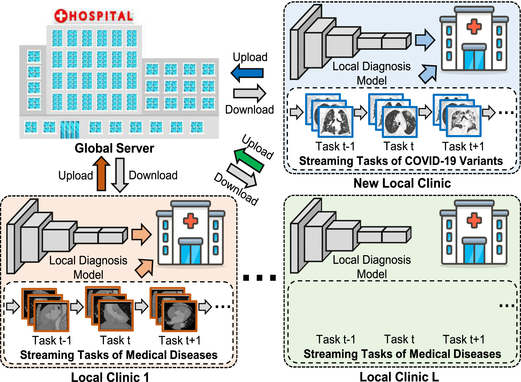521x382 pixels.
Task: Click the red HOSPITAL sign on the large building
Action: pyautogui.click(x=94, y=16)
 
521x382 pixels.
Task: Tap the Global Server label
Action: pyautogui.click(x=114, y=148)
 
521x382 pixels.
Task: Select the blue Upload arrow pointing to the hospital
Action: pyautogui.click(x=247, y=73)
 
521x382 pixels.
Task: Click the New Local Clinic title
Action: pyautogui.click(x=402, y=183)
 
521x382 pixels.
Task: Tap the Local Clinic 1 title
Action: pyautogui.click(x=110, y=377)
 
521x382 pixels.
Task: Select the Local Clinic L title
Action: pyautogui.click(x=399, y=377)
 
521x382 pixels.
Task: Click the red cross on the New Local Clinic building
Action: pyautogui.click(x=474, y=26)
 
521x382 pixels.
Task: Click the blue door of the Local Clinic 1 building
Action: pyautogui.click(x=191, y=254)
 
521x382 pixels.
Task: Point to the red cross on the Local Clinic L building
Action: pyautogui.click(x=474, y=220)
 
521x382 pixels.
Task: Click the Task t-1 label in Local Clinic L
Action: pyautogui.click(x=336, y=339)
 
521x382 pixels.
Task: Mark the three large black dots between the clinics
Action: pyautogui.click(x=259, y=278)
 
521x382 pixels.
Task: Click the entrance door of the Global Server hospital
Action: pyautogui.click(x=70, y=129)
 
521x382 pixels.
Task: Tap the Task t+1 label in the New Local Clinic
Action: pyautogui.click(x=463, y=146)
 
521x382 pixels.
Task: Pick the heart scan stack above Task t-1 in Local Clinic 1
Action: pyautogui.click(x=46, y=310)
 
